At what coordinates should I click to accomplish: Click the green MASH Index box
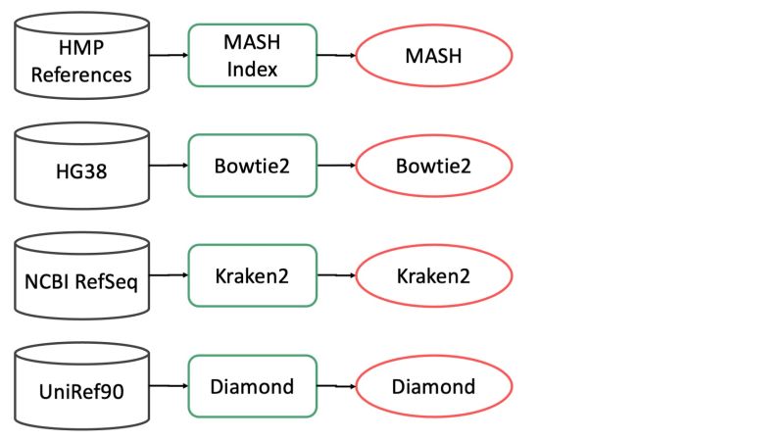click(x=252, y=56)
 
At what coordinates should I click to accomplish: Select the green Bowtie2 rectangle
click(x=252, y=165)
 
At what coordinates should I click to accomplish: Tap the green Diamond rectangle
click(x=252, y=385)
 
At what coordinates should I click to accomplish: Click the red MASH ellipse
click(x=433, y=56)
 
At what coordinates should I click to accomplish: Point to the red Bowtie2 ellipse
click(x=433, y=166)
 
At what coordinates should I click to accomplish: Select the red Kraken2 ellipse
click(x=433, y=275)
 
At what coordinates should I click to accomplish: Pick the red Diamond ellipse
click(x=433, y=386)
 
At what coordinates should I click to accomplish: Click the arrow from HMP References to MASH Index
click(x=168, y=56)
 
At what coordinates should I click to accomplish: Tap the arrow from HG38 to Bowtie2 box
click(x=168, y=165)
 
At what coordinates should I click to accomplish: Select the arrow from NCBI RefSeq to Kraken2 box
click(x=168, y=275)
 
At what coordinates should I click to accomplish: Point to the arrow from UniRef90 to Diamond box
click(x=168, y=385)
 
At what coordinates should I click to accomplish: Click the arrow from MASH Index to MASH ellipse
click(x=336, y=56)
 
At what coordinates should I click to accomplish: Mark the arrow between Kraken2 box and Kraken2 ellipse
click(x=336, y=275)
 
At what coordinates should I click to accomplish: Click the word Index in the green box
click(x=252, y=69)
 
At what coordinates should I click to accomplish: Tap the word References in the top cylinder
click(x=81, y=75)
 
